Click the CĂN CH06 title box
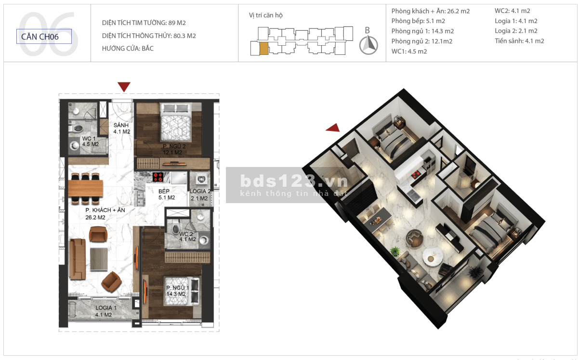tap(44, 37)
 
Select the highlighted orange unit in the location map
tap(264, 49)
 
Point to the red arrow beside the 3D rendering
tap(333, 128)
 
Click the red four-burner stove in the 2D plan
tap(158, 177)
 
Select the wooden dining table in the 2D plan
tap(85, 188)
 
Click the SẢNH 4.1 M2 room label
tap(121, 128)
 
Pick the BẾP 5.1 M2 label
tap(167, 194)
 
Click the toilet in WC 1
tap(76, 128)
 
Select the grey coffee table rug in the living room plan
tap(99, 259)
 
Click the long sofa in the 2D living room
tap(77, 259)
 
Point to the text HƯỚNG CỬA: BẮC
tap(128, 48)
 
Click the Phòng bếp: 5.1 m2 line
tap(418, 21)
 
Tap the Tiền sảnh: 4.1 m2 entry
tap(519, 41)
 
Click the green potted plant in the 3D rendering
tap(394, 251)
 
